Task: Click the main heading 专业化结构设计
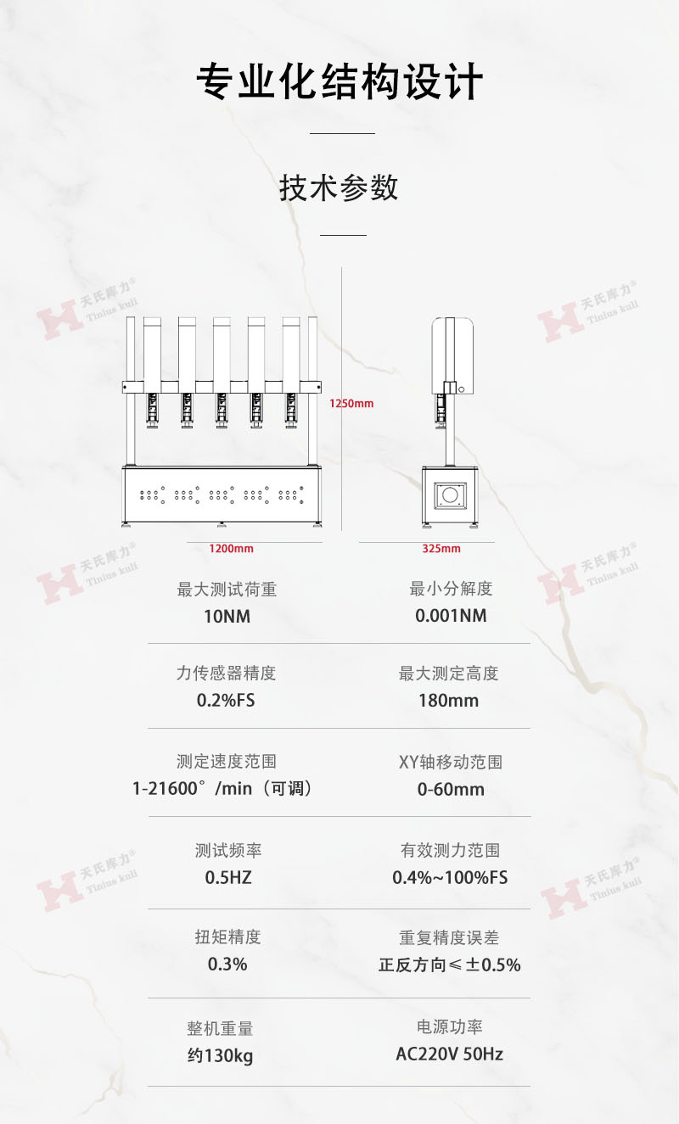click(x=339, y=83)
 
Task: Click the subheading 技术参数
click(x=339, y=187)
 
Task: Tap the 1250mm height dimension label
click(x=351, y=404)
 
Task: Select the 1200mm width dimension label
click(x=232, y=549)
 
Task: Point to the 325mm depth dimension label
click(x=441, y=549)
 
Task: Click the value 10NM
click(x=227, y=616)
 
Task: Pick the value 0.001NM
click(x=451, y=616)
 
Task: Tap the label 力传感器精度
click(x=227, y=674)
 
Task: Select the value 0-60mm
click(x=451, y=789)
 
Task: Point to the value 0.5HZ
click(x=228, y=877)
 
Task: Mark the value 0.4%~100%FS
click(x=450, y=877)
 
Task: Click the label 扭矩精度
click(x=228, y=937)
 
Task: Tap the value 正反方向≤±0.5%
click(x=450, y=965)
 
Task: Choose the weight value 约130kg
click(x=221, y=1056)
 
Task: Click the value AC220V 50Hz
click(x=450, y=1054)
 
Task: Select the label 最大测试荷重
click(x=227, y=590)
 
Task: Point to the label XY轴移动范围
click(x=451, y=762)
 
